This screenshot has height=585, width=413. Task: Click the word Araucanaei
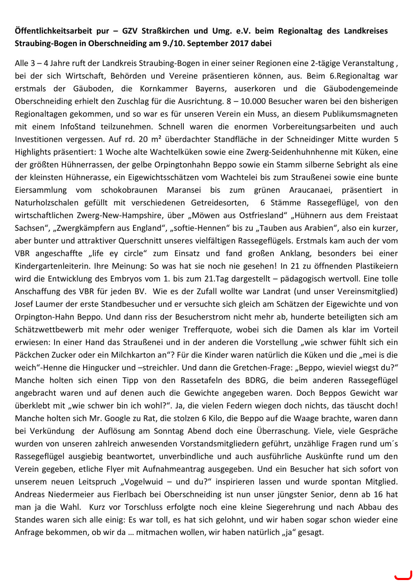[305, 190]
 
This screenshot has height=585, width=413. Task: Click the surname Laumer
[51, 304]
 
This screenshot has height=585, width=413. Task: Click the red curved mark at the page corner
[403, 575]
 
